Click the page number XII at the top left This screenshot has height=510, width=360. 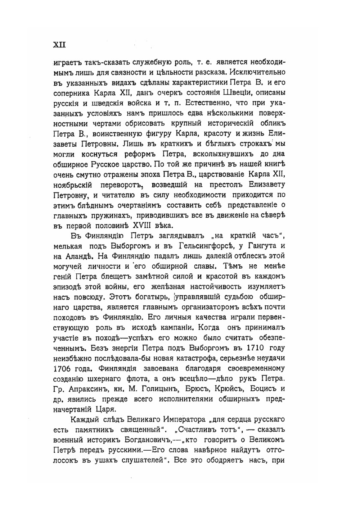pos(59,45)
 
